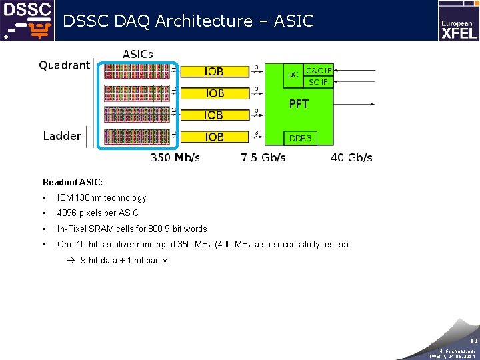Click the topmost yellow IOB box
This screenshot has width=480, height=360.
pos(215,71)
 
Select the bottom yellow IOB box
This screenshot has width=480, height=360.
pos(215,137)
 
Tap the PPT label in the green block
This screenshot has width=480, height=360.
pos(299,104)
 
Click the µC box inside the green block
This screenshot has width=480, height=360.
pos(293,75)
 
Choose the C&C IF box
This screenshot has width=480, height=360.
pos(318,70)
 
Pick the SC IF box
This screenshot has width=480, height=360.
pos(318,82)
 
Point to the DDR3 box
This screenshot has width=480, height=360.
pos(300,138)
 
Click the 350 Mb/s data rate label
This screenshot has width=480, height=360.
pos(175,158)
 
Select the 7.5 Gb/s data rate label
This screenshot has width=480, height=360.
pos(263,158)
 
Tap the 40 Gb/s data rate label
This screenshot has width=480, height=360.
pos(351,158)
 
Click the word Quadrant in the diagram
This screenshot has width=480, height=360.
pos(64,65)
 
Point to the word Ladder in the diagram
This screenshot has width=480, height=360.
pos(62,136)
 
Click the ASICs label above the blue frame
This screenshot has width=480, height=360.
pos(138,54)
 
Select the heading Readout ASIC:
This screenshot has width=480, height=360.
pos(73,182)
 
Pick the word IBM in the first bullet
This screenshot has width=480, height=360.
pos(65,198)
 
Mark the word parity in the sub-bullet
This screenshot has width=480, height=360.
pos(155,261)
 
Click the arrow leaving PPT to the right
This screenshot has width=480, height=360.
pos(357,104)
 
